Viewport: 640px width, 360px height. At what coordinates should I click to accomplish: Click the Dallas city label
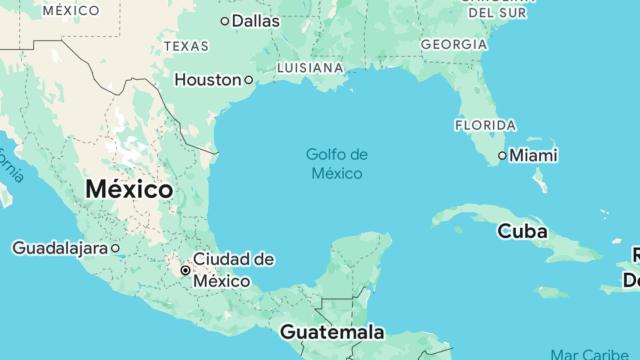(x=256, y=20)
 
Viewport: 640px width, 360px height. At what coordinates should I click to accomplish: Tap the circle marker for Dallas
(x=224, y=20)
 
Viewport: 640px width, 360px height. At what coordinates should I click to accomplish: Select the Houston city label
(x=207, y=79)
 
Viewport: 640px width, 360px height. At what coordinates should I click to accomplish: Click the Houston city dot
(x=248, y=79)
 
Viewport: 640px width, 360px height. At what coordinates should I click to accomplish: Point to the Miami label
(x=534, y=156)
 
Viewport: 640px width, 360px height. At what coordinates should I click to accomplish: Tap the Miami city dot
(x=503, y=156)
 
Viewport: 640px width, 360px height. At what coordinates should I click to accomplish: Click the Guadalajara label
(x=59, y=247)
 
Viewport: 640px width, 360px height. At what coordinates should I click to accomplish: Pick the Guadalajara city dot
(x=116, y=247)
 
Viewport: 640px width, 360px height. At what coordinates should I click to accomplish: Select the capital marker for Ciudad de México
(x=185, y=270)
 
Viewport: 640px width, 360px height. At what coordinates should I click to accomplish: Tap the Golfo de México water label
(x=337, y=164)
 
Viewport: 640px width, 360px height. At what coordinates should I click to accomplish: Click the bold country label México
(x=129, y=188)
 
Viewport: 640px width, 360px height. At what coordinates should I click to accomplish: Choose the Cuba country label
(x=523, y=231)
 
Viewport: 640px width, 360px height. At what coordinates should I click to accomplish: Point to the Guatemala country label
(x=332, y=331)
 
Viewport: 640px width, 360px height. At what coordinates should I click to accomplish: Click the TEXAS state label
(x=186, y=46)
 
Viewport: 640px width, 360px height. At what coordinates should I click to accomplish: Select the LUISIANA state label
(x=310, y=68)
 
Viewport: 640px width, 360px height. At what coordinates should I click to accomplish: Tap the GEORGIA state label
(x=454, y=44)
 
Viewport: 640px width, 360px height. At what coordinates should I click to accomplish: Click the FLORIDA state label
(x=485, y=125)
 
